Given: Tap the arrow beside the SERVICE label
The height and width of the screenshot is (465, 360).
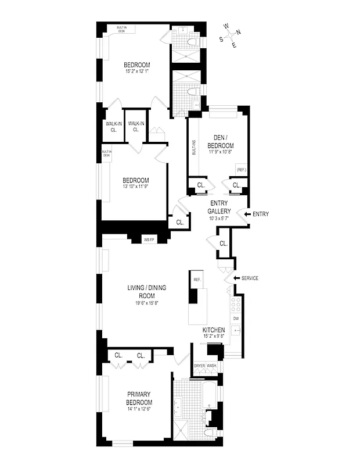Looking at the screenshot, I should [x=235, y=278].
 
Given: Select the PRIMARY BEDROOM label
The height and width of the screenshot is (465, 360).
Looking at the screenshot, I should [x=139, y=398].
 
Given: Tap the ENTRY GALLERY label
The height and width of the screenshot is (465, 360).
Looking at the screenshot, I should [x=219, y=207].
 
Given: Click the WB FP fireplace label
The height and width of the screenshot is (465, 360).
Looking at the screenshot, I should [x=149, y=239].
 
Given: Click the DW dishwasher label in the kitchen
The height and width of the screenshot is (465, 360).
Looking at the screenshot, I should [x=235, y=319].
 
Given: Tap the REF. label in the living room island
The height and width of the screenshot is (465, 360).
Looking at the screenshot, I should [x=197, y=280].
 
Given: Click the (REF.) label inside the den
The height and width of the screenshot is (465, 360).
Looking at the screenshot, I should [x=241, y=169].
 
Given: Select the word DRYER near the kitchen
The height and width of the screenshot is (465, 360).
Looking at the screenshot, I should [x=200, y=366].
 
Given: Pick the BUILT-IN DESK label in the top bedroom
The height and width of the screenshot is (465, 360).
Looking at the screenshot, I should [x=121, y=29].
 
